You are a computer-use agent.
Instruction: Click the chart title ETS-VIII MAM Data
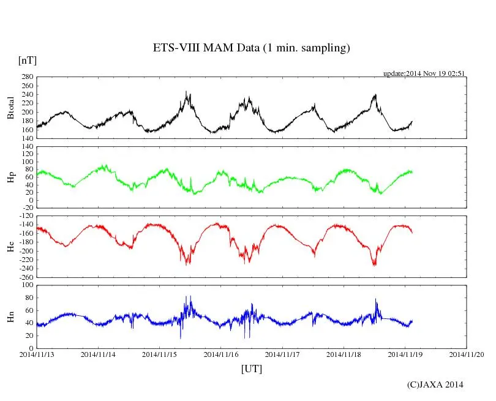click(251, 48)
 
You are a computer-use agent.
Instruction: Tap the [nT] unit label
click(27, 60)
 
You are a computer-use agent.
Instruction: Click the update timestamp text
click(424, 73)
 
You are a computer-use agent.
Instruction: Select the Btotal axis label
click(10, 108)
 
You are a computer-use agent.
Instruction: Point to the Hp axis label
click(10, 178)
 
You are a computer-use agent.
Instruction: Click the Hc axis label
click(10, 247)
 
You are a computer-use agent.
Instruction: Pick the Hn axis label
click(10, 317)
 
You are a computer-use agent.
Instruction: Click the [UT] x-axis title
click(251, 369)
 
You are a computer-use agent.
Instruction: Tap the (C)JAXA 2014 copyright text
click(435, 384)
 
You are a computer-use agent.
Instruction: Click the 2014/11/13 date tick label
click(37, 354)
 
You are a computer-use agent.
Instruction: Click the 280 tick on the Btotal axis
click(26, 77)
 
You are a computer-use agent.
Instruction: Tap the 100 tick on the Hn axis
click(26, 285)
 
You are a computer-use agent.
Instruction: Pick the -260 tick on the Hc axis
click(24, 277)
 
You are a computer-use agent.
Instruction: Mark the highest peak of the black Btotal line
click(186, 91)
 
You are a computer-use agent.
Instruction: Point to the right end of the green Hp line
click(412, 171)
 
